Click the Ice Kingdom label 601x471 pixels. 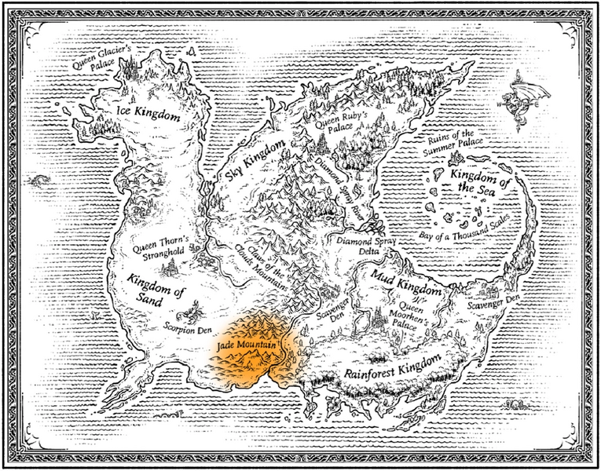148,115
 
